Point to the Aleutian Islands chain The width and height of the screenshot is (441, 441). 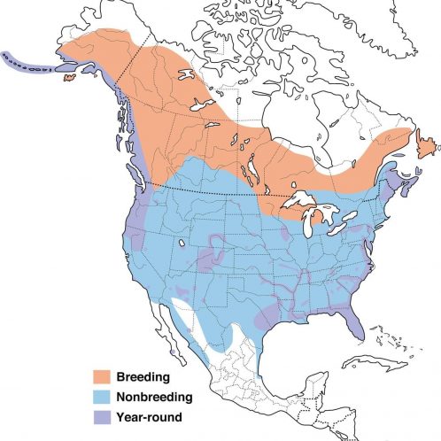pyautogui.click(x=22, y=61)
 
